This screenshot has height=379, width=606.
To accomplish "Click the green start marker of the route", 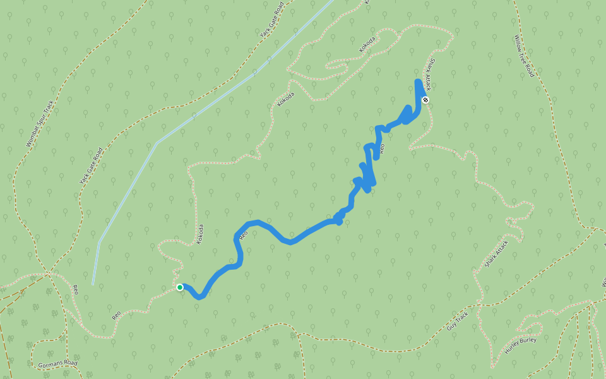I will click(x=180, y=287).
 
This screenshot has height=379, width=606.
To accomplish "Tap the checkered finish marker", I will click(x=425, y=100).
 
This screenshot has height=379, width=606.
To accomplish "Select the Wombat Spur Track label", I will click(x=41, y=123).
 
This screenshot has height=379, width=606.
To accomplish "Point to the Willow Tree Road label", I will click(x=523, y=56).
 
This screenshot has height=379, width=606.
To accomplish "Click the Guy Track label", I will click(x=458, y=322).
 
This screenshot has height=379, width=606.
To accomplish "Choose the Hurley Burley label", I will click(x=520, y=342).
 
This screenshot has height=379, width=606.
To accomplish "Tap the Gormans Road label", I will click(x=57, y=364).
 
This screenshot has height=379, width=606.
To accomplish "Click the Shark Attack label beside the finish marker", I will click(x=429, y=75).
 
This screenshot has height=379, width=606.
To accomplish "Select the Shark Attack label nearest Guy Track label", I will click(x=497, y=253).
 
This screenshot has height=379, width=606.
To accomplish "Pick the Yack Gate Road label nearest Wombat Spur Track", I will click(x=91, y=165).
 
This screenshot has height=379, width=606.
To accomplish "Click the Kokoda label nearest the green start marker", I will click(x=200, y=234).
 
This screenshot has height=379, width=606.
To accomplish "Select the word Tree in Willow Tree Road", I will click(x=523, y=56).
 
